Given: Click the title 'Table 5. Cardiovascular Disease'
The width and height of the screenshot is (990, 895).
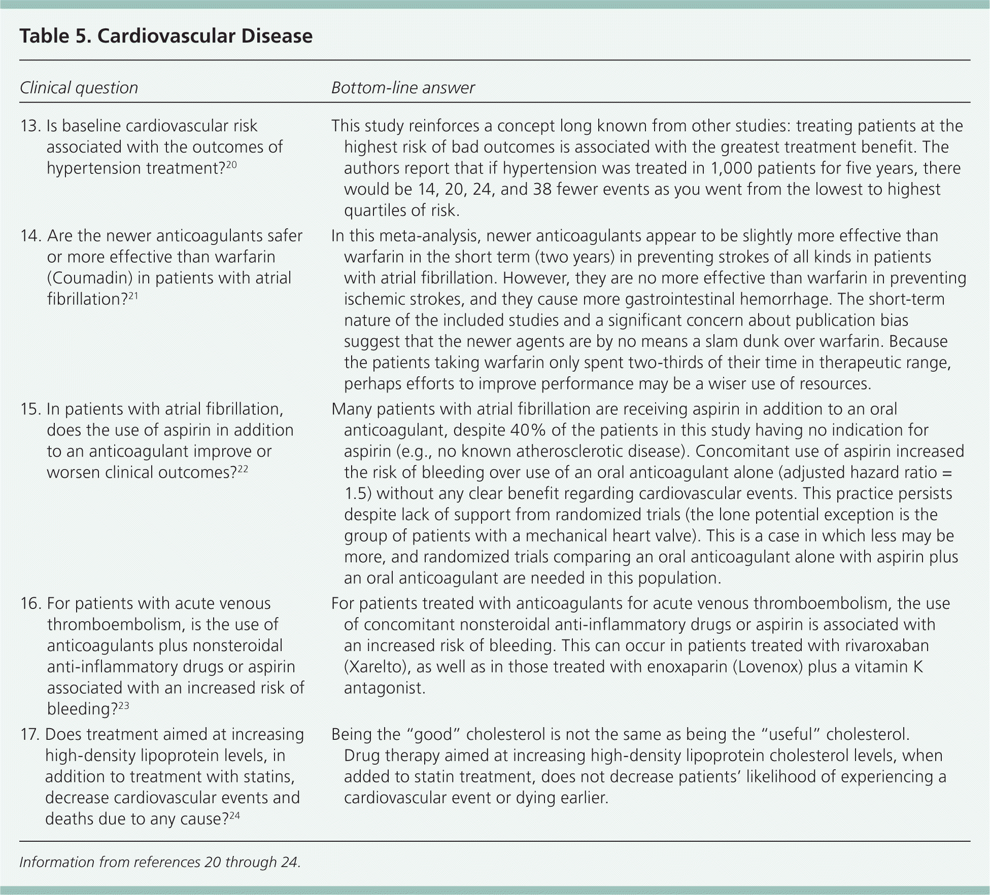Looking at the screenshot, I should [166, 36].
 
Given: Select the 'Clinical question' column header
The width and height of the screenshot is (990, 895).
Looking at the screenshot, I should [79, 88].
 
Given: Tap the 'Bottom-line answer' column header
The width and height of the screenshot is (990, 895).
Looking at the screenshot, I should [403, 88].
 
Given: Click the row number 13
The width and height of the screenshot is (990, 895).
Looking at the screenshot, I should [30, 126].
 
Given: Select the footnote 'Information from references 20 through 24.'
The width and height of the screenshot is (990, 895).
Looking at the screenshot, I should [160, 862].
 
